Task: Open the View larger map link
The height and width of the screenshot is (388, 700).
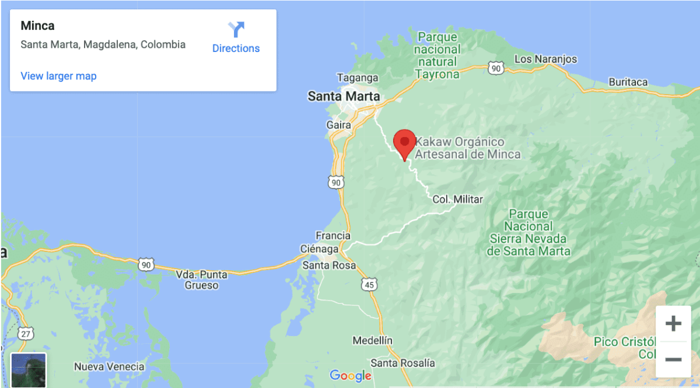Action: [58, 76]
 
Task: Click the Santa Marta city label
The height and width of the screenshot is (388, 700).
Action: [344, 96]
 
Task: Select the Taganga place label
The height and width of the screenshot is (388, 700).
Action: [358, 78]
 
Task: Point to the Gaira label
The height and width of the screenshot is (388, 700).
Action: [338, 125]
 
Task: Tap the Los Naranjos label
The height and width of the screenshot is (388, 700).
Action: [545, 59]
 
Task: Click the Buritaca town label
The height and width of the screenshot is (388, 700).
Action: [628, 82]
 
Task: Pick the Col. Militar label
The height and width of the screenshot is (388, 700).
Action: [457, 200]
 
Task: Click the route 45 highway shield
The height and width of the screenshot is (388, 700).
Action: [369, 285]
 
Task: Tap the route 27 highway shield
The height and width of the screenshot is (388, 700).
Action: [24, 333]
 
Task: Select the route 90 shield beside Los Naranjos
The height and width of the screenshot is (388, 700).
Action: [496, 69]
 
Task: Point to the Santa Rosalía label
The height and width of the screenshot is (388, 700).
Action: [402, 363]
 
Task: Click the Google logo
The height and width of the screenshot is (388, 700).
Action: [350, 376]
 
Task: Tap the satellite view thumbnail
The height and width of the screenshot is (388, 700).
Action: [28, 370]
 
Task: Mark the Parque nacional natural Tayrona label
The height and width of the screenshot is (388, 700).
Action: [437, 55]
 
